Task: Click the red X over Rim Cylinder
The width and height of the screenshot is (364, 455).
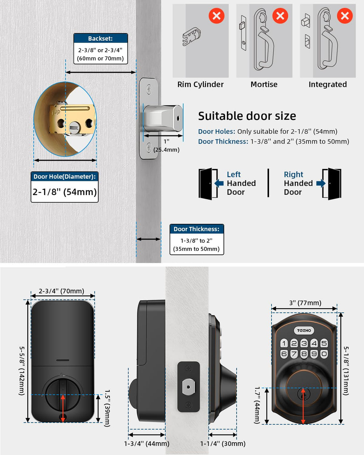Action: (x=216, y=16)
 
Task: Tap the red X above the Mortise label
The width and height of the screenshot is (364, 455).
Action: (x=280, y=16)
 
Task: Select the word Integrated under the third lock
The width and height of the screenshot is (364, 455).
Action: (x=328, y=84)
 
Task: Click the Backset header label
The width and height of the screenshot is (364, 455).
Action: (x=100, y=39)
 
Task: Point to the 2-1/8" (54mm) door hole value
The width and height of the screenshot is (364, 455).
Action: (x=65, y=192)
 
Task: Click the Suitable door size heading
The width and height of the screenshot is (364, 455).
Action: (x=247, y=116)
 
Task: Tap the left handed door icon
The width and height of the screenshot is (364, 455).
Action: (x=208, y=183)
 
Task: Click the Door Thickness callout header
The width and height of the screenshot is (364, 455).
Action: (x=197, y=229)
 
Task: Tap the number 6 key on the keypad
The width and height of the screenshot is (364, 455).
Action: (x=284, y=353)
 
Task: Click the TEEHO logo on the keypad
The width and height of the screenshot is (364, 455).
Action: (x=304, y=330)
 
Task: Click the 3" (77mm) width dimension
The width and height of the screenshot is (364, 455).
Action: (x=305, y=303)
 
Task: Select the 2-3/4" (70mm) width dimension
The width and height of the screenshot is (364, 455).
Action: (x=62, y=291)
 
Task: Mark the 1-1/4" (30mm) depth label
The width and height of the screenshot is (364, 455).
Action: (x=223, y=443)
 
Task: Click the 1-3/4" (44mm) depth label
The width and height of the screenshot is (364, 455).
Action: (x=147, y=443)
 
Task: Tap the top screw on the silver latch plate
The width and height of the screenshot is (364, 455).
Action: (x=149, y=89)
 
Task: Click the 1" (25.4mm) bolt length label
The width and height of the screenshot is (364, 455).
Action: (x=166, y=146)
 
